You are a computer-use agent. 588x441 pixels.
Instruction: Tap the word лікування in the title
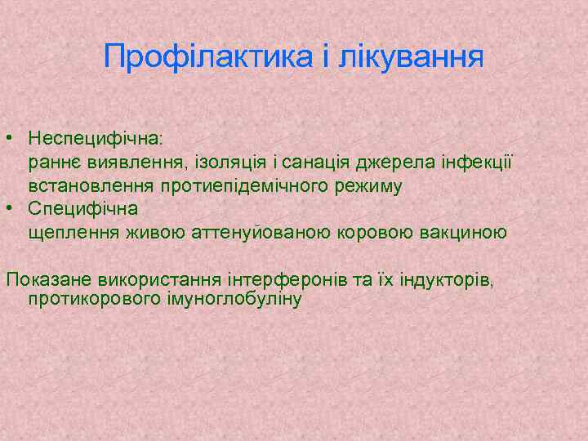pyautogui.click(x=414, y=57)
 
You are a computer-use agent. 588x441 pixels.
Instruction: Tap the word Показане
pyautogui.click(x=46, y=281)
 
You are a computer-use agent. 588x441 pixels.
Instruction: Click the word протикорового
pyautogui.click(x=89, y=300)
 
